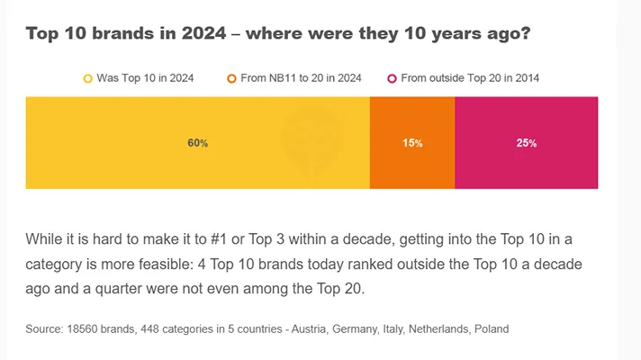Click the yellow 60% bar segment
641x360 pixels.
[197, 143]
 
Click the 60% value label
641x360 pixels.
[198, 143]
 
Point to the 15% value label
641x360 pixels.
[412, 143]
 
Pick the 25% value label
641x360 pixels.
[527, 143]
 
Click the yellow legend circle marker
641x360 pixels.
[87, 79]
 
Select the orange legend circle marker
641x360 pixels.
[231, 79]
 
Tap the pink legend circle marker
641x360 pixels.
[392, 79]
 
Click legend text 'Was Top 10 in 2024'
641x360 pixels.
[145, 79]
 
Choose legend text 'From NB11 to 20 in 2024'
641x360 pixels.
[301, 79]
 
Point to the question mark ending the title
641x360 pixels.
[524, 33]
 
